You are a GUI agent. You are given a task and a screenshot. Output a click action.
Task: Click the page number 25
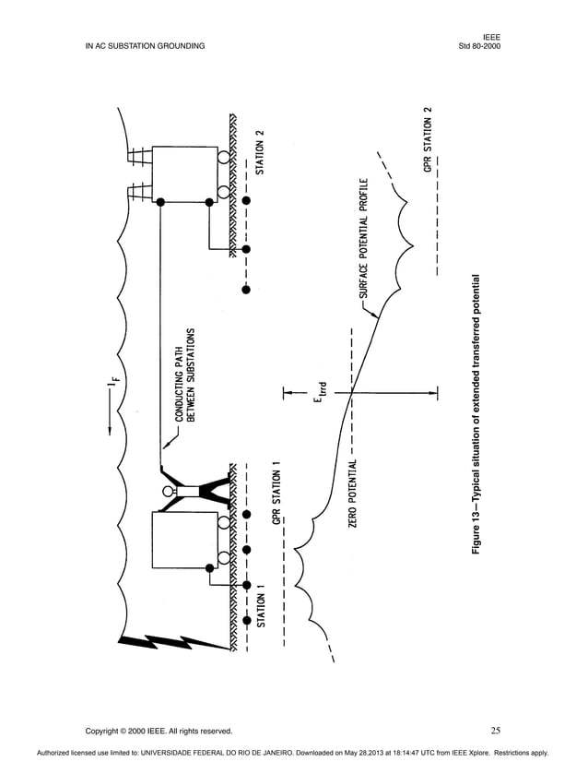(495, 731)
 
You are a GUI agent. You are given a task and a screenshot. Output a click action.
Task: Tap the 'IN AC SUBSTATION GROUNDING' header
(145, 45)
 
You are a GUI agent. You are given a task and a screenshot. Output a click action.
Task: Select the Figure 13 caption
(476, 414)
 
